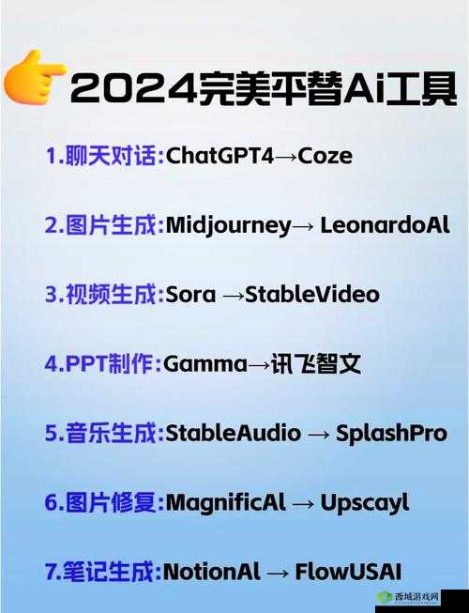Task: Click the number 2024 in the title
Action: click(x=131, y=90)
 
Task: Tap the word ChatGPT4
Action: click(x=219, y=156)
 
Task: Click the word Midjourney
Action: click(x=228, y=225)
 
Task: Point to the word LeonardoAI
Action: click(x=385, y=225)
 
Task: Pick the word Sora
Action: click(x=190, y=294)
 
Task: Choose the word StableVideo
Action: click(x=313, y=294)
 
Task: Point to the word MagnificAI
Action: click(x=225, y=502)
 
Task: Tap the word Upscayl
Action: click(x=365, y=502)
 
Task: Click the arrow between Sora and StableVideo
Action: click(x=233, y=295)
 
